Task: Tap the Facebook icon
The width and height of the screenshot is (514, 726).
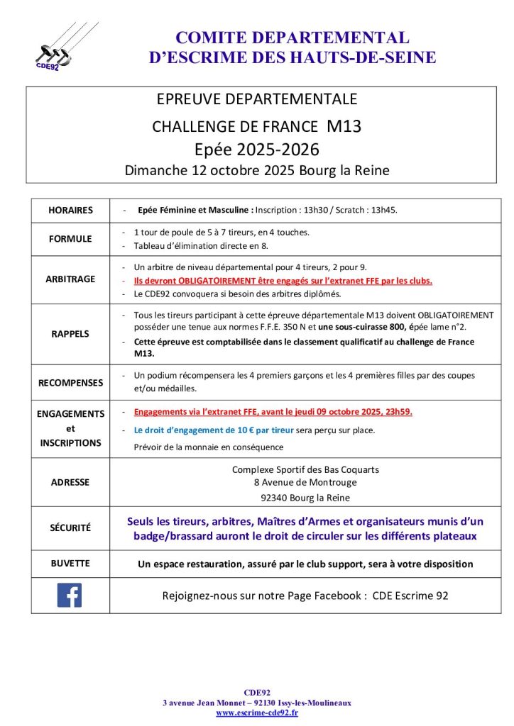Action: [x=70, y=594]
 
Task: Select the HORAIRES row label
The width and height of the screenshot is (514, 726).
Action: [x=70, y=211]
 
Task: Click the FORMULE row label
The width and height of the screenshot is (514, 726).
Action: [x=70, y=239]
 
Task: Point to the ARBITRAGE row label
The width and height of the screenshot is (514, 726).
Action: [x=70, y=279]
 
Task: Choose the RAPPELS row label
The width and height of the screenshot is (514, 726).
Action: [x=70, y=333]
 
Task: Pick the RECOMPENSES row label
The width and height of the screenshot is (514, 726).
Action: [x=70, y=383]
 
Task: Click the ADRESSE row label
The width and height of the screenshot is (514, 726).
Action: [x=70, y=482]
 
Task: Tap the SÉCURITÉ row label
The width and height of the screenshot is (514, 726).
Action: [x=70, y=528]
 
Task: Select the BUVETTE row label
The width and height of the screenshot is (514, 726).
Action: [x=70, y=563]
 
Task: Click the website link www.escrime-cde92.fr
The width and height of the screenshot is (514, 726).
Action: [x=257, y=713]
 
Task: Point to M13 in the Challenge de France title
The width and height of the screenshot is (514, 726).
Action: [x=344, y=127]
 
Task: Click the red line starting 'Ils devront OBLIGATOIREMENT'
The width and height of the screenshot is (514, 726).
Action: [x=283, y=281]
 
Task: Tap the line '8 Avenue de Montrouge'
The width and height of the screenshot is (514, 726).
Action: [x=305, y=483]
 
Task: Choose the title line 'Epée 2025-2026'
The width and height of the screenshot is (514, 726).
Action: [x=256, y=150]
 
